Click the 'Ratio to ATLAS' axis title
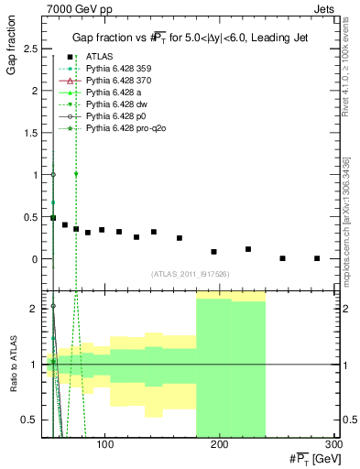coord(11,364)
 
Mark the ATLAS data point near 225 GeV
coord(248,249)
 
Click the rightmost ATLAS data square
coord(317,258)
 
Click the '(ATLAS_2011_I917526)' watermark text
coord(191,274)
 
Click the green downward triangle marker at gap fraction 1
coord(76,174)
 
